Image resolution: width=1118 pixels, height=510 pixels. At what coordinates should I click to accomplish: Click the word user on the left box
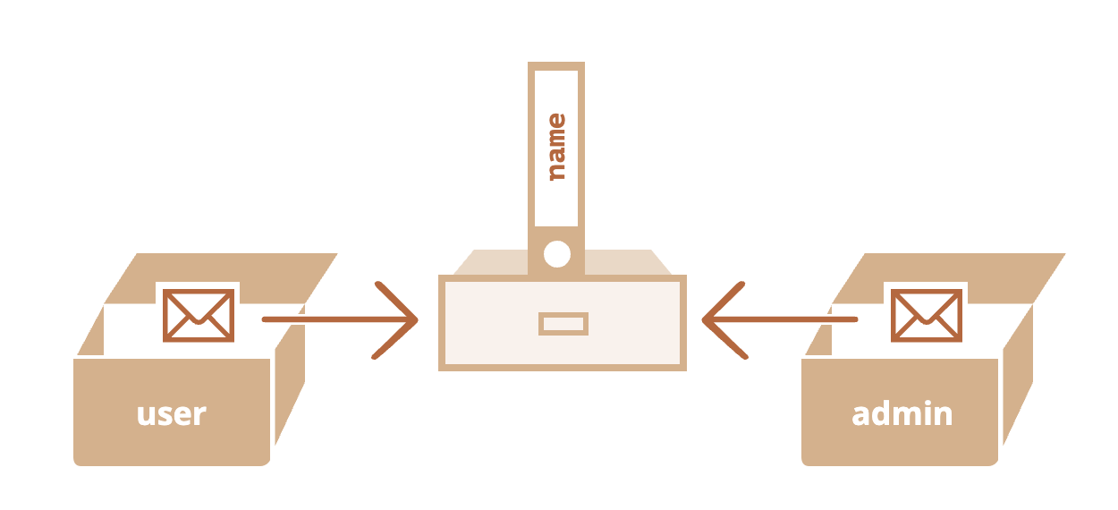(x=171, y=414)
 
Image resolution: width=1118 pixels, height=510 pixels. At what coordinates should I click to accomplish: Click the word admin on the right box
(x=902, y=414)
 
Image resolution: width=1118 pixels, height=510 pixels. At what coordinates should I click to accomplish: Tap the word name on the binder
(x=556, y=147)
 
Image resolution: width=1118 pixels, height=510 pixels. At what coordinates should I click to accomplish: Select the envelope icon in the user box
(x=198, y=315)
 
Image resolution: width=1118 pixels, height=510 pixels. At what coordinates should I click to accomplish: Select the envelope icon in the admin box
(x=927, y=315)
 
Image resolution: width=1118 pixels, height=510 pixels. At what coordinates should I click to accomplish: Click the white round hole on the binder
(x=556, y=255)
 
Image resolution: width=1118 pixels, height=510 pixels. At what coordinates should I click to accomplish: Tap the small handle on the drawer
(x=563, y=324)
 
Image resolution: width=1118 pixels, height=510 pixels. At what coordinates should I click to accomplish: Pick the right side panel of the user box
(x=288, y=385)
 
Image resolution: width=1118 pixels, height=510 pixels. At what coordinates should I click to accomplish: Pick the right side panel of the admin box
(x=1017, y=385)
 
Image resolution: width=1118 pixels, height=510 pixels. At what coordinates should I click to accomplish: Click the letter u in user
(x=146, y=415)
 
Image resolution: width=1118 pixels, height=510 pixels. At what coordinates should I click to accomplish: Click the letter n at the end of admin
(x=941, y=415)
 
